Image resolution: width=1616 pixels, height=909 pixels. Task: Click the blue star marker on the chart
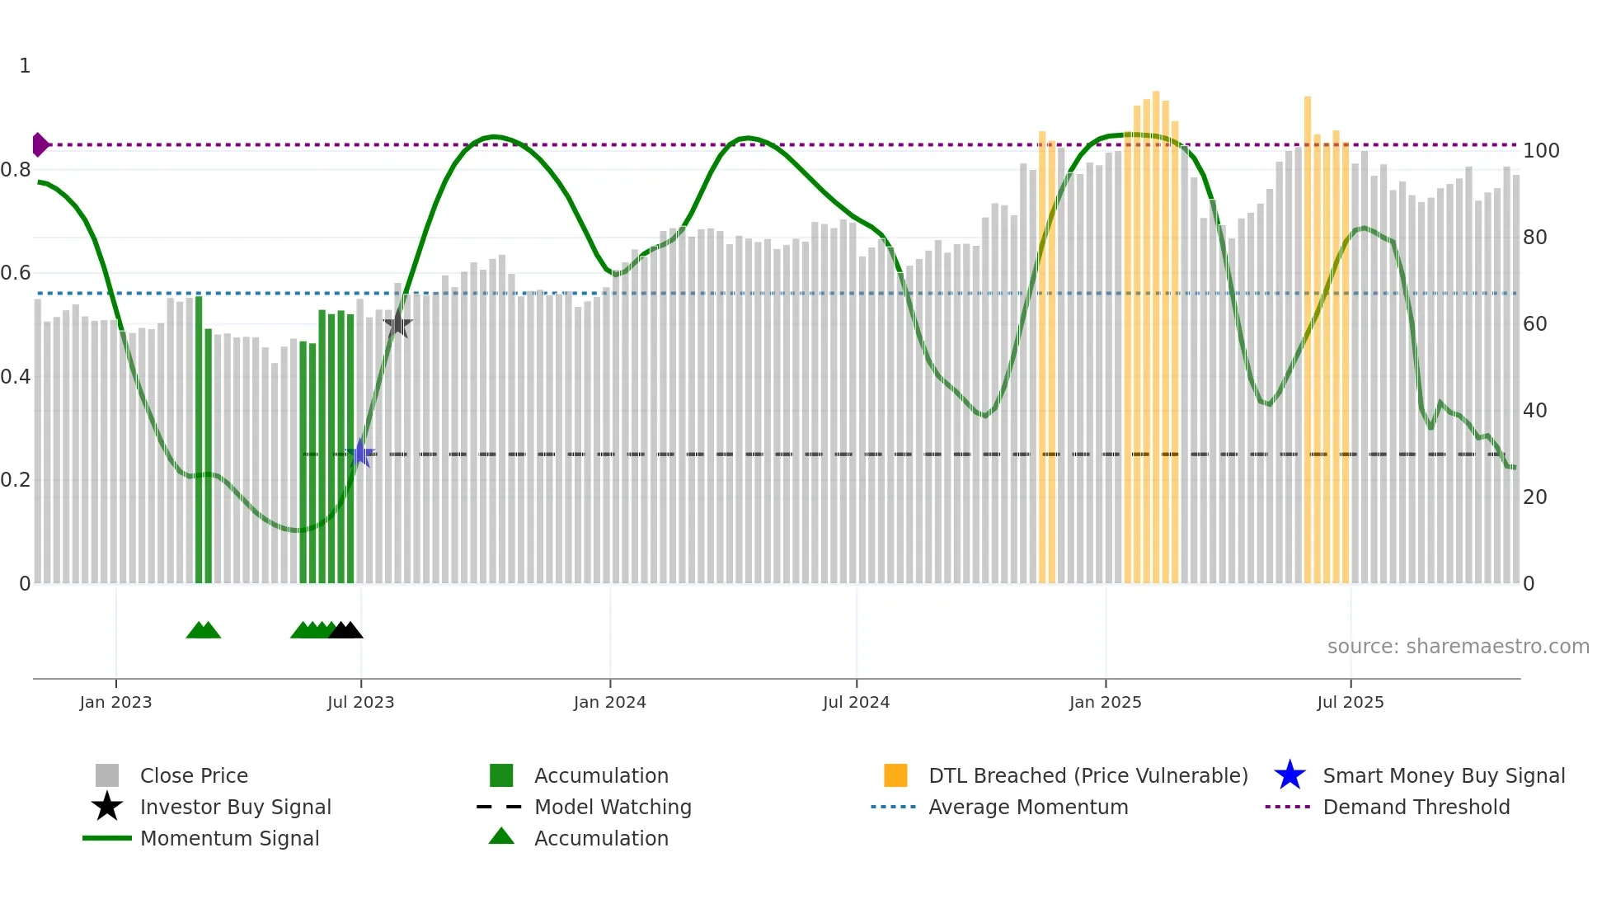[x=360, y=453]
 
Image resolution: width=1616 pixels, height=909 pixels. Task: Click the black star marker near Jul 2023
[x=397, y=324]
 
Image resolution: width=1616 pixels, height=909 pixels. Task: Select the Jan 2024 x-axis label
[x=609, y=702]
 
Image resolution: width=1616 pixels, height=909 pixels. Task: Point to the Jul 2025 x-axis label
[x=1350, y=702]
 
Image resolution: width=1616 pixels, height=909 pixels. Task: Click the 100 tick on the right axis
[x=1540, y=151]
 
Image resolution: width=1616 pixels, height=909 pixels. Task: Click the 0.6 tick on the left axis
[x=16, y=273]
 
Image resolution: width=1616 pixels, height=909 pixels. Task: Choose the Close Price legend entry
[x=193, y=775]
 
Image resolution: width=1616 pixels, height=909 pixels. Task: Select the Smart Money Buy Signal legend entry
[x=1443, y=775]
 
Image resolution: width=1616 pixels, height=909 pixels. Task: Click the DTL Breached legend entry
[x=1088, y=775]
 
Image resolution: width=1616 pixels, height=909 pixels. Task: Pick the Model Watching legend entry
[x=612, y=807]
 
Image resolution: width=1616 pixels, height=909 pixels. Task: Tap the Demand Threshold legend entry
[x=1416, y=807]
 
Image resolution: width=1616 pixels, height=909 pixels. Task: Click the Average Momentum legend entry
[x=1027, y=807]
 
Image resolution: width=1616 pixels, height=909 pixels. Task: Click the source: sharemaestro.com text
[x=1458, y=646]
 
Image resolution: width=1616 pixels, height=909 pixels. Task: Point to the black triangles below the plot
[x=345, y=630]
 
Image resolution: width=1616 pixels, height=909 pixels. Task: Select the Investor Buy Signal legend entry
[x=235, y=807]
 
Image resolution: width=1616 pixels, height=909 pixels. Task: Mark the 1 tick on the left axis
[x=25, y=66]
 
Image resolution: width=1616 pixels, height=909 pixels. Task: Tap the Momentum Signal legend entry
[x=229, y=838]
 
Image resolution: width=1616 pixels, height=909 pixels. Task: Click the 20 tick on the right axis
[x=1534, y=497]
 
